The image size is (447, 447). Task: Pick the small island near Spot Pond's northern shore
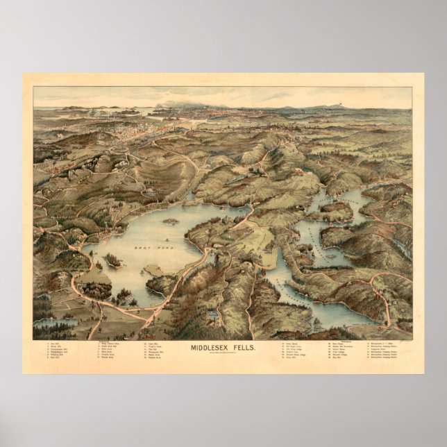[x=169, y=223]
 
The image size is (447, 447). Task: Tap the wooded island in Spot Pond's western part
[x=112, y=261]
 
